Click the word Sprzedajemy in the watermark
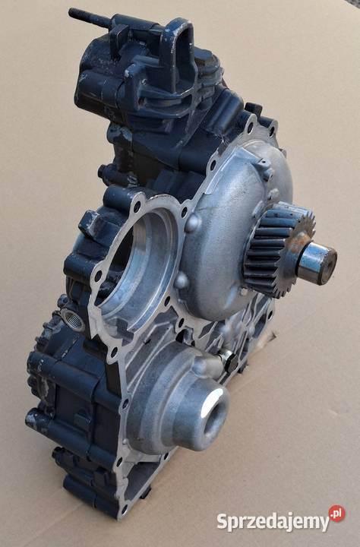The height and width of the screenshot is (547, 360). [x=273, y=521]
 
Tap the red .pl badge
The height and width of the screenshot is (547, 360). [x=337, y=514]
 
